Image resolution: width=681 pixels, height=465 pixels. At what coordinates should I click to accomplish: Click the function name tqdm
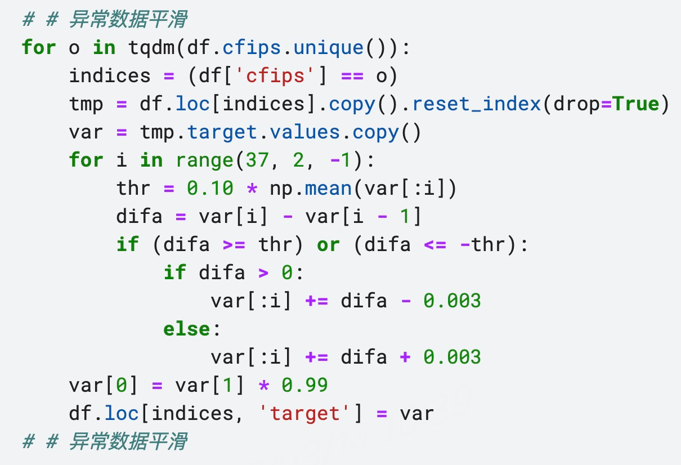(151, 48)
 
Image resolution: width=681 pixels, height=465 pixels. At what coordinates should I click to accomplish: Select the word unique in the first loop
(328, 47)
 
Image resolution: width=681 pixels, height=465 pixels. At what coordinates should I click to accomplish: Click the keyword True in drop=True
(636, 104)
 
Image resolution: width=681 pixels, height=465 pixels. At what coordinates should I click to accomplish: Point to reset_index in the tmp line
(476, 104)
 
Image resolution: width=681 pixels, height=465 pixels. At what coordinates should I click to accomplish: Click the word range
(205, 160)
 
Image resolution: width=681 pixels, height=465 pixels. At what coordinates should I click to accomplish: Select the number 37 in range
(257, 160)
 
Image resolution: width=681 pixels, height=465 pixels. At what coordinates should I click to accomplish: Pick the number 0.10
(210, 188)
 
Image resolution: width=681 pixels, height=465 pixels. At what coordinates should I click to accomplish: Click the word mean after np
(328, 189)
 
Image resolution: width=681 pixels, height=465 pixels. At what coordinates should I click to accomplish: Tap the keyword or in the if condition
(328, 245)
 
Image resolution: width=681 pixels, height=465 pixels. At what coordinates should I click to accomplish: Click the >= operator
(234, 245)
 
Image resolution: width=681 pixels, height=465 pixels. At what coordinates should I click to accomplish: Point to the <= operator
(434, 245)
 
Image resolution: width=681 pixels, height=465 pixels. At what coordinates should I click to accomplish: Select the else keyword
(187, 329)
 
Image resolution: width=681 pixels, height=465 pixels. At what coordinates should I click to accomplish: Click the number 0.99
(304, 385)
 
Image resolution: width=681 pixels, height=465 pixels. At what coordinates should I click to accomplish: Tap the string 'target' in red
(304, 413)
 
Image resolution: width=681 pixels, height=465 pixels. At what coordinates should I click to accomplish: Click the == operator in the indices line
(352, 76)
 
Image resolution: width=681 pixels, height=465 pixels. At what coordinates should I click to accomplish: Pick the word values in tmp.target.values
(304, 132)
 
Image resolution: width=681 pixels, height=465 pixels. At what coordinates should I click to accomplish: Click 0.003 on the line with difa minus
(452, 301)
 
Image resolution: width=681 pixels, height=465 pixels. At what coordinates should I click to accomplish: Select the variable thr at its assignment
(133, 188)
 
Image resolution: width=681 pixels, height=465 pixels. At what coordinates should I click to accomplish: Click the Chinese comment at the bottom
(105, 441)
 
